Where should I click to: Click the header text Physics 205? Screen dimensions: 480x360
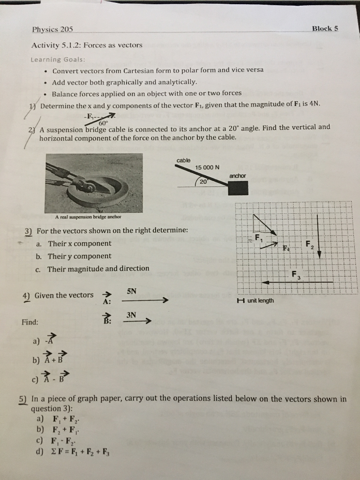point(52,29)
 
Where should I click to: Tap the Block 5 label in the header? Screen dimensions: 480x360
point(325,28)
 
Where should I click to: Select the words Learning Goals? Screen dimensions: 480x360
point(58,60)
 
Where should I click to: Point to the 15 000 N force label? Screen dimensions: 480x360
point(204,167)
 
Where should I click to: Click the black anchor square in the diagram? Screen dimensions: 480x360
point(238,187)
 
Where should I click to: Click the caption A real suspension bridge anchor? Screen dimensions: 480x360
point(88,216)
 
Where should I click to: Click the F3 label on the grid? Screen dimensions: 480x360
point(295,274)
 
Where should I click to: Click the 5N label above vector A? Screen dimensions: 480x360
point(132,291)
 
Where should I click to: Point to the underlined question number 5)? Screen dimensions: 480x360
point(23,399)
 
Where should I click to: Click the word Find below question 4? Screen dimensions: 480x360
point(30,322)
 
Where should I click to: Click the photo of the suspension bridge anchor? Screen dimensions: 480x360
point(94,182)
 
